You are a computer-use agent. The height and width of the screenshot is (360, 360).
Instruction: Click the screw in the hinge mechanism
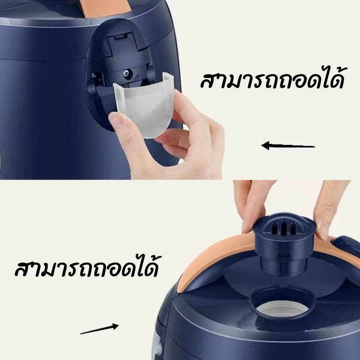pyautogui.click(x=126, y=73)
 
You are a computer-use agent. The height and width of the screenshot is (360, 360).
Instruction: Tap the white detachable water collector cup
pyautogui.click(x=144, y=106)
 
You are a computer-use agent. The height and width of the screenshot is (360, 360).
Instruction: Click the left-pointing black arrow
pyautogui.click(x=288, y=146)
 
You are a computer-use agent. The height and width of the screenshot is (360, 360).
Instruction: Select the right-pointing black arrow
pyautogui.click(x=100, y=328)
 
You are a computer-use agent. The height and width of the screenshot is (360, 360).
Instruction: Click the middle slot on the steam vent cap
pyautogui.click(x=284, y=227)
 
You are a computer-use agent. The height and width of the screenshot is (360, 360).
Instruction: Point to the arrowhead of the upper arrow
pyautogui.click(x=266, y=145)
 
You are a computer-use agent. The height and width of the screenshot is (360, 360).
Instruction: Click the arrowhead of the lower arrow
pyautogui.click(x=115, y=326)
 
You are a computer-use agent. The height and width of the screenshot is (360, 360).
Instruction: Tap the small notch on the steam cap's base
pyautogui.click(x=284, y=255)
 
